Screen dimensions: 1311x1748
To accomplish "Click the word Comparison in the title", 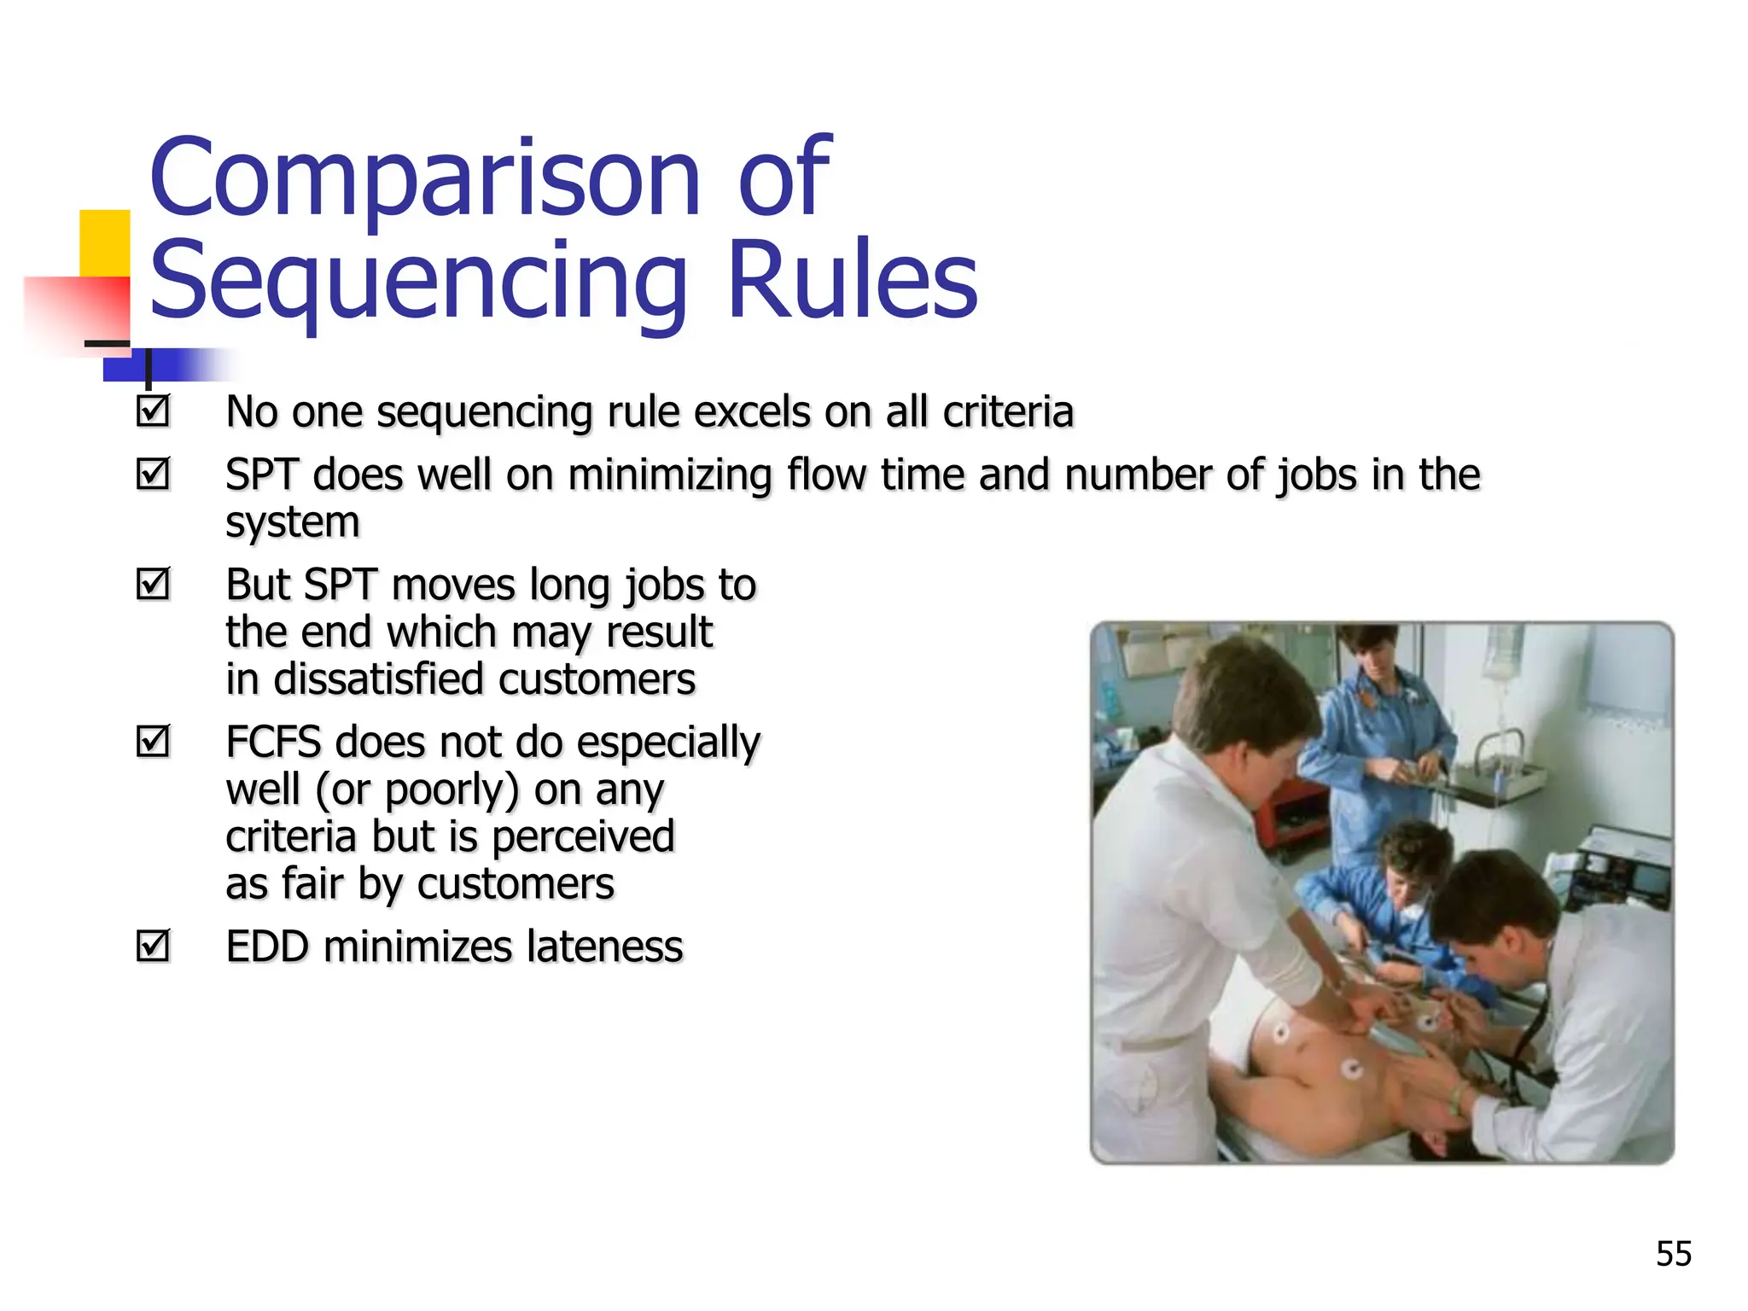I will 424,179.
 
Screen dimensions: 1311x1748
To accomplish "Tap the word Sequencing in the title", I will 418,282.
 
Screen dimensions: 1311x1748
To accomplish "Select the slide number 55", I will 1673,1254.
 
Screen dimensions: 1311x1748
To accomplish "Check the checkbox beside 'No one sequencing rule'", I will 154,411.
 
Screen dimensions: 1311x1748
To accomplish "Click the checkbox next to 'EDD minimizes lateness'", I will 154,946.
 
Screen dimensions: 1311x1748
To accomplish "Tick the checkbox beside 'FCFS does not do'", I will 154,741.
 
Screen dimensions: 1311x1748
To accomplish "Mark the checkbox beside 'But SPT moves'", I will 154,584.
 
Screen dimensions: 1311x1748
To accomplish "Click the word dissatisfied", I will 378,679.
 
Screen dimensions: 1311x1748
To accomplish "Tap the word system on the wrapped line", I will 292,522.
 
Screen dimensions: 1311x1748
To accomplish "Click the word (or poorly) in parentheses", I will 417,790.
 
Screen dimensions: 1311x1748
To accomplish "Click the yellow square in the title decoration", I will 104,242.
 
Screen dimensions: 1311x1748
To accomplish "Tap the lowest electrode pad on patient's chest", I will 1351,1069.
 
